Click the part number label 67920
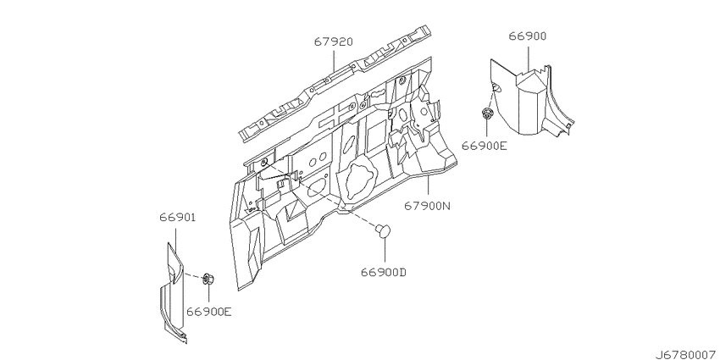[x=334, y=42]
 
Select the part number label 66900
[x=527, y=36]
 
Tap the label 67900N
[x=427, y=205]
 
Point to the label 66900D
[x=384, y=272]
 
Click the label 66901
[x=178, y=217]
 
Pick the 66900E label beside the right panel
[x=485, y=146]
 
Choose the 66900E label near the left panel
[x=208, y=312]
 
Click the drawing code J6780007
[x=686, y=354]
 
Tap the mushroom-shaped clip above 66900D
[x=383, y=230]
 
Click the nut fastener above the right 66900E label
[x=487, y=113]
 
